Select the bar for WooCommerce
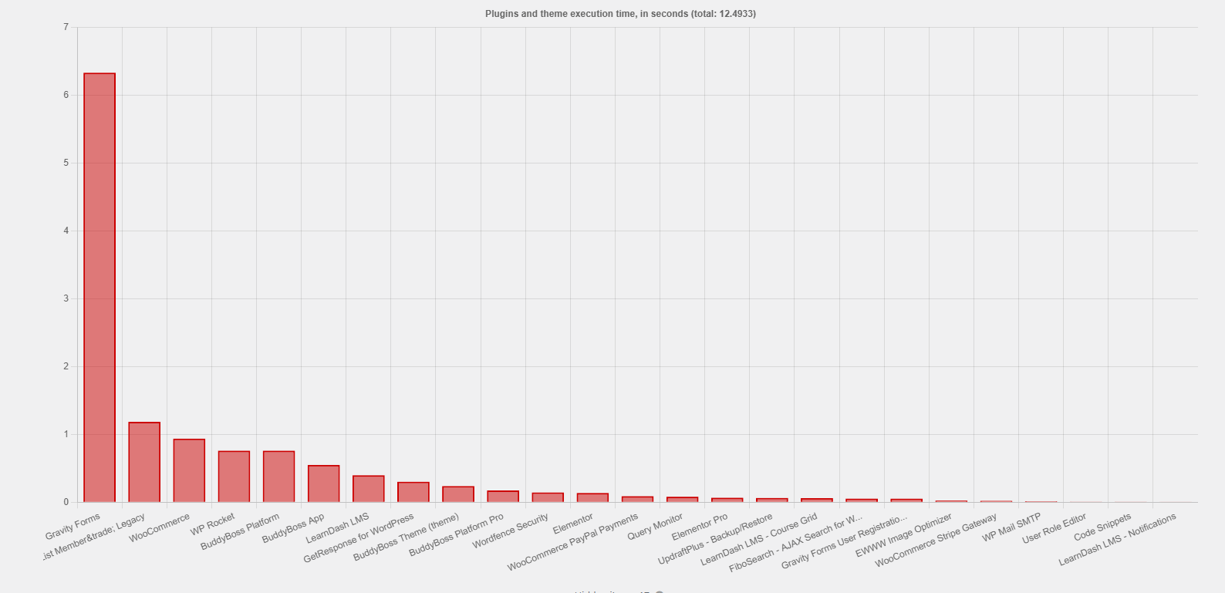pyautogui.click(x=189, y=470)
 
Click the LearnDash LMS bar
pyautogui.click(x=368, y=489)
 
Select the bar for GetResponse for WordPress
pyautogui.click(x=413, y=492)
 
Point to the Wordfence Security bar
pyautogui.click(x=548, y=497)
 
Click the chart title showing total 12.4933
pyautogui.click(x=620, y=14)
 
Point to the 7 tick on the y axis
pyautogui.click(x=66, y=27)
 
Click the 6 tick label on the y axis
pyautogui.click(x=66, y=95)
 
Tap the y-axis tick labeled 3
pyautogui.click(x=66, y=298)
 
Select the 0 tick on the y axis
pyautogui.click(x=66, y=502)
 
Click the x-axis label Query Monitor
pyautogui.click(x=655, y=527)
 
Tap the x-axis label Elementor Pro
pyautogui.click(x=699, y=527)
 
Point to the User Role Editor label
pyautogui.click(x=1054, y=529)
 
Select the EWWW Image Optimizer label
pyautogui.click(x=903, y=536)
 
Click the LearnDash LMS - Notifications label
pyautogui.click(x=1117, y=539)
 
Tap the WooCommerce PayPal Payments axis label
pyautogui.click(x=572, y=543)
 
